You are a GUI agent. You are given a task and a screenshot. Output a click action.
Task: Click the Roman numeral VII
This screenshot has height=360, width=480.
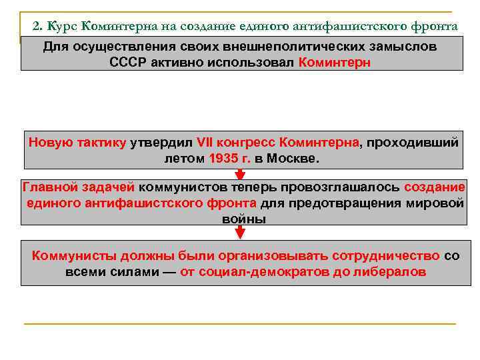coord(204,142)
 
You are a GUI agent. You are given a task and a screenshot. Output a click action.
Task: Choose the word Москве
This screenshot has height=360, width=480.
coord(293,159)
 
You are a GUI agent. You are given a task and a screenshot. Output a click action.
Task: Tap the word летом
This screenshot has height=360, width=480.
coord(184,159)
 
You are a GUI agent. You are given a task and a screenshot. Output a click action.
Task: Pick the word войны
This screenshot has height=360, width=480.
coord(243,219)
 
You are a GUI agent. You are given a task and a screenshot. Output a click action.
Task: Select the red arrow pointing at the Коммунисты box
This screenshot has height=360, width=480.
coord(241,233)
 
